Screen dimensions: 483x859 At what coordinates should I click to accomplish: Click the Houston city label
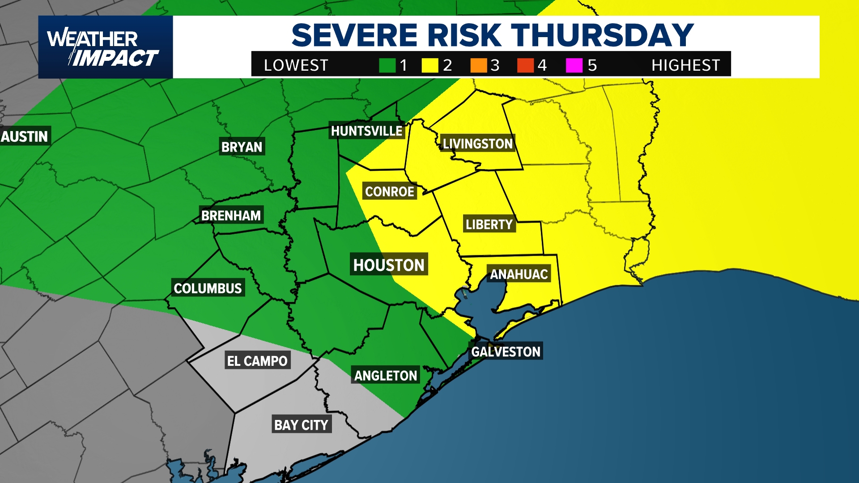point(389,265)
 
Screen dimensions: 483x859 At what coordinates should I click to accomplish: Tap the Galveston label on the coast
point(506,352)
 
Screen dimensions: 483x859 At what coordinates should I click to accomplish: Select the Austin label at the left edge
point(25,136)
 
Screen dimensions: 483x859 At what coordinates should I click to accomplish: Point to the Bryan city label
point(242,147)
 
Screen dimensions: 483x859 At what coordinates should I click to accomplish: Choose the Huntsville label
point(366,131)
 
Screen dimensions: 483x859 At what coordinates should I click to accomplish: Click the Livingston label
point(477,144)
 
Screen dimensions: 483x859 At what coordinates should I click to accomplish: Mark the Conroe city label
point(389,191)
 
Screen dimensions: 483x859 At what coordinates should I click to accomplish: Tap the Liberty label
point(489,224)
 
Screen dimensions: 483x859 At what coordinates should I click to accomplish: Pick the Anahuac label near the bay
point(519,274)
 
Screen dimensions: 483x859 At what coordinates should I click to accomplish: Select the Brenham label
point(231,215)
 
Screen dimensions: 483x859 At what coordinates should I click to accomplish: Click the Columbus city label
point(208,288)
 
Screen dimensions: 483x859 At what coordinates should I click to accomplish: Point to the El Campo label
point(257,360)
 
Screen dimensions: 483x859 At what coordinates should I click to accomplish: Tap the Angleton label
point(386,375)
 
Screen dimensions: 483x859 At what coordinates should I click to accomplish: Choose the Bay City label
point(301,424)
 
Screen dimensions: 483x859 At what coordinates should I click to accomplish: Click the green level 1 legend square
point(387,65)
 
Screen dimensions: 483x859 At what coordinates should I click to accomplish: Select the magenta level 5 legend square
point(574,65)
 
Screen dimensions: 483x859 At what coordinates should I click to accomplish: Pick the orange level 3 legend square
point(478,65)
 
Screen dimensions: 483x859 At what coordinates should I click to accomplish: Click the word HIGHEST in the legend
point(685,65)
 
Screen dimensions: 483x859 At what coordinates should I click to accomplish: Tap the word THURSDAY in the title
point(602,35)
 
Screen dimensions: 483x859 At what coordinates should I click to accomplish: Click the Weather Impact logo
point(105,47)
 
